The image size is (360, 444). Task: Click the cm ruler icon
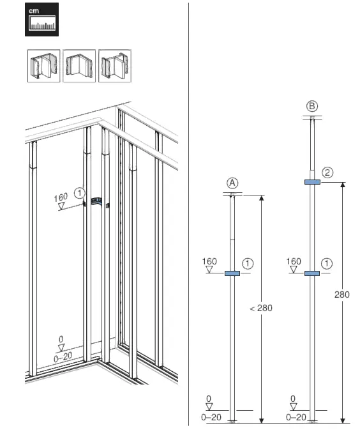(42, 20)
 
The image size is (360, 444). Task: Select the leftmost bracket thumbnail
(43, 66)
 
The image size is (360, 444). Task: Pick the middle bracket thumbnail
(79, 66)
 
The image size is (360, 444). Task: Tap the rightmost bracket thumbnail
(114, 66)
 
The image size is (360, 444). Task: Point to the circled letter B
(312, 106)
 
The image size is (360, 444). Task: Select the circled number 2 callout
(328, 172)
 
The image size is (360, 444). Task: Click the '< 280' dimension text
(260, 308)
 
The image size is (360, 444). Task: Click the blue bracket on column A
(232, 273)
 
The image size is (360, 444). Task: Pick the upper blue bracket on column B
(312, 182)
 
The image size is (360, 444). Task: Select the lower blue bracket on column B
(312, 273)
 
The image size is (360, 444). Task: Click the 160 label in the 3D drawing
(61, 197)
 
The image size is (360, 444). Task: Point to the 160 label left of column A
(209, 261)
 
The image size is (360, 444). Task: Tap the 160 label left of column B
(294, 261)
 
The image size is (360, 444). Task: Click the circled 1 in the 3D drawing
(79, 192)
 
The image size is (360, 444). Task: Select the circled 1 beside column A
(249, 263)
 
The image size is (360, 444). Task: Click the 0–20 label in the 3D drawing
(62, 359)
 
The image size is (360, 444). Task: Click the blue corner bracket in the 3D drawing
(96, 202)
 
